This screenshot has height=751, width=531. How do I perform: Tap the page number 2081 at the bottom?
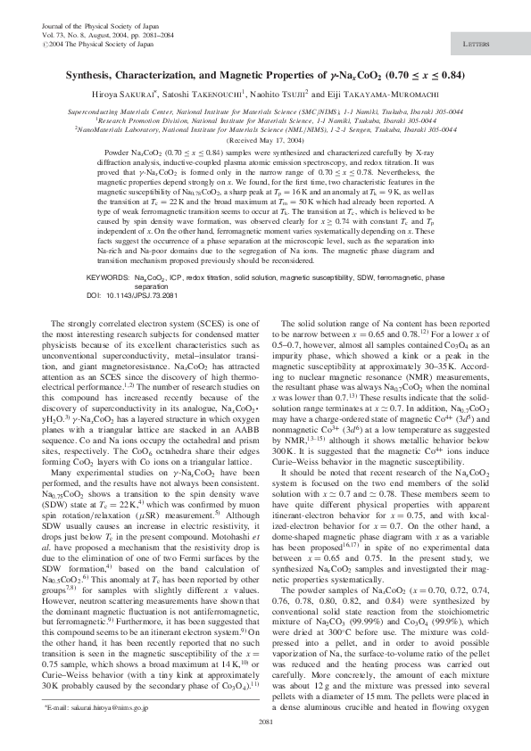pyautogui.click(x=265, y=722)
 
